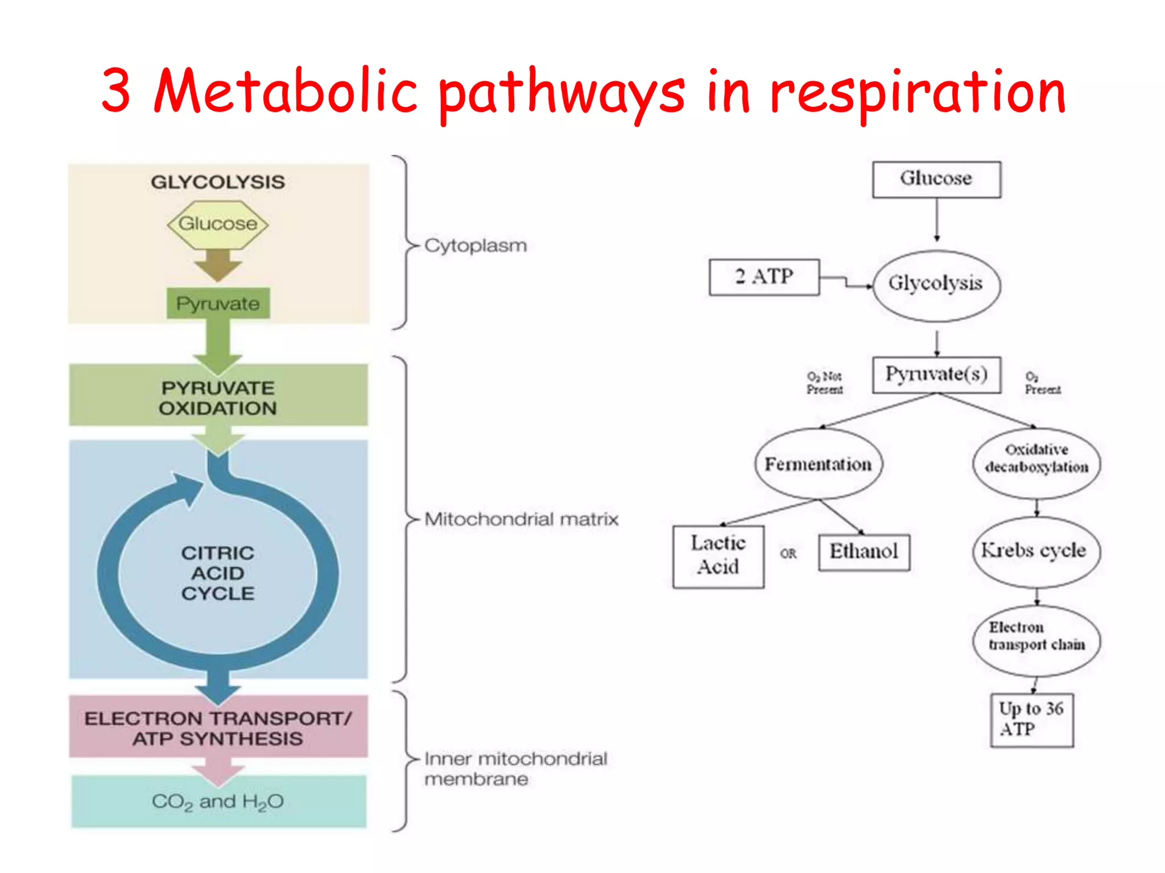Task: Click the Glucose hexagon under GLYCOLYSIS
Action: pyautogui.click(x=218, y=224)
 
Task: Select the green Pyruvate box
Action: pyautogui.click(x=218, y=304)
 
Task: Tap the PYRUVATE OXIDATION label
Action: pyautogui.click(x=218, y=398)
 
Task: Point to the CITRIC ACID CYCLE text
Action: pyautogui.click(x=218, y=573)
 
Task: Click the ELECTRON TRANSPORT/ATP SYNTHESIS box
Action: pyautogui.click(x=218, y=728)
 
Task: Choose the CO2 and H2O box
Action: pyautogui.click(x=218, y=801)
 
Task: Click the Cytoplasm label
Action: pyautogui.click(x=476, y=246)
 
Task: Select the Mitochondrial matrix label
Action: pyautogui.click(x=521, y=519)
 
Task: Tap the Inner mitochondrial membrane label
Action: pyautogui.click(x=515, y=768)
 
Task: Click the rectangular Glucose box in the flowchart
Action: pyautogui.click(x=936, y=179)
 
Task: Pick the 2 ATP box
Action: pyautogui.click(x=764, y=277)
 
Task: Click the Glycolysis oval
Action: pyautogui.click(x=936, y=284)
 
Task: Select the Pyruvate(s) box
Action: pyautogui.click(x=936, y=375)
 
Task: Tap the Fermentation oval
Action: pyautogui.click(x=818, y=464)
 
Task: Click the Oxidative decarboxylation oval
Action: pyautogui.click(x=1036, y=459)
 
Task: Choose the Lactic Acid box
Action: pyautogui.click(x=718, y=555)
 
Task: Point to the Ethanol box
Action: pyautogui.click(x=864, y=551)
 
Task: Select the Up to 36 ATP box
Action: pyautogui.click(x=1031, y=719)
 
